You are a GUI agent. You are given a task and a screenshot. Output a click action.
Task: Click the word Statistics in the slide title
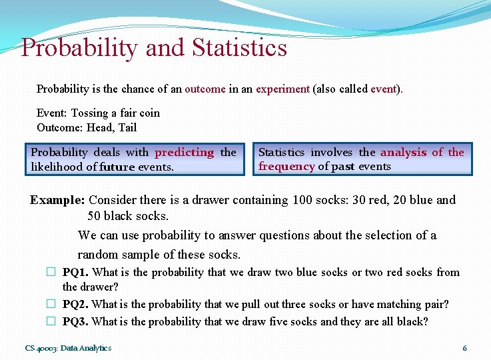click(239, 48)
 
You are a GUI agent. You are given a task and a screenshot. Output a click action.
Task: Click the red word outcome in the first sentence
click(205, 89)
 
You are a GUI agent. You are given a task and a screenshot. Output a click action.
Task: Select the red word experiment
click(282, 89)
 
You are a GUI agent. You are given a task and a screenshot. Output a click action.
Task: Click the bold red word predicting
click(184, 152)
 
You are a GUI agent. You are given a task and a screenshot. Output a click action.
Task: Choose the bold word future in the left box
click(117, 167)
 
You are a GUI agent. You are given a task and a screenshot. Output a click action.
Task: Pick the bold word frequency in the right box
click(286, 166)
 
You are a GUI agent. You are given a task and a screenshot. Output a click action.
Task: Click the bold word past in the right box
click(343, 166)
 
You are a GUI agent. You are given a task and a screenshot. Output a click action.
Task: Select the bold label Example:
click(57, 199)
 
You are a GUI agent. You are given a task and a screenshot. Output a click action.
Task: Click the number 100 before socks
click(302, 199)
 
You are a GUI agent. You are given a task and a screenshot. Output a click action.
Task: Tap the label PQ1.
click(76, 272)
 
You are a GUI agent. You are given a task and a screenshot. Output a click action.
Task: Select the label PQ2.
click(76, 304)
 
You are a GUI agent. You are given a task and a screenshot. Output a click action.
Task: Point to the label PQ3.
click(76, 321)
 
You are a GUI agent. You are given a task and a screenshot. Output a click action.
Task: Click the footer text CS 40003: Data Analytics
click(68, 348)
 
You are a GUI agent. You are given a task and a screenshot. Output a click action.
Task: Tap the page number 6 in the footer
click(464, 348)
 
